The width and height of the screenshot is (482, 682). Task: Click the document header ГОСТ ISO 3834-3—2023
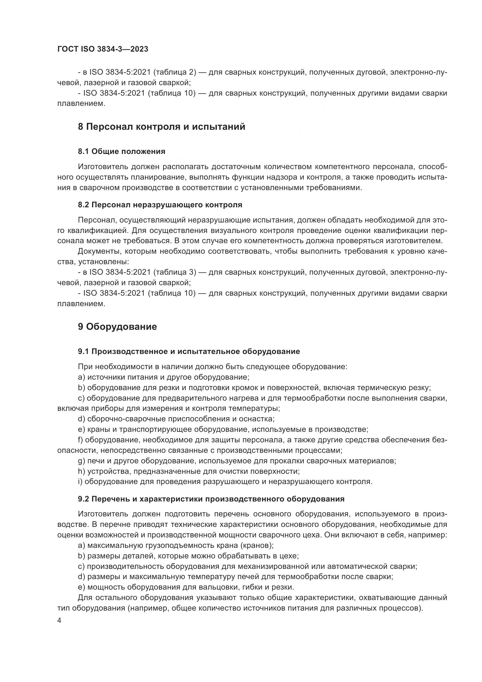click(x=103, y=49)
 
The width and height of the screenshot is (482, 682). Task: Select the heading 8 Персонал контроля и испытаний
click(x=161, y=127)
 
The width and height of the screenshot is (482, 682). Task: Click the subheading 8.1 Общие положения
click(x=122, y=152)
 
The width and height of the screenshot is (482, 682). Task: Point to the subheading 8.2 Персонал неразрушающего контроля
click(x=160, y=205)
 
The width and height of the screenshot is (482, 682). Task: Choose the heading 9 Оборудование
click(x=117, y=327)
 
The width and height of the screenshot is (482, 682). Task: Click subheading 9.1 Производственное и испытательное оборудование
click(x=189, y=351)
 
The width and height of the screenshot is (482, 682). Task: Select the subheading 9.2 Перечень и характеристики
click(x=211, y=499)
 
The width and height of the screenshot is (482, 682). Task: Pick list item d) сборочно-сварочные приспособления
click(x=176, y=419)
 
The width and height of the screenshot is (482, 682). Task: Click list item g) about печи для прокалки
click(x=237, y=461)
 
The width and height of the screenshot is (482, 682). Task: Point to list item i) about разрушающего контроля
click(x=225, y=481)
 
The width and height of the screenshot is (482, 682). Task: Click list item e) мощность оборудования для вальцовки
click(x=186, y=587)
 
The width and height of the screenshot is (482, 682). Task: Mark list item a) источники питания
click(x=163, y=377)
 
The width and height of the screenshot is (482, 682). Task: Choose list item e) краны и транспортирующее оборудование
click(x=223, y=429)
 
